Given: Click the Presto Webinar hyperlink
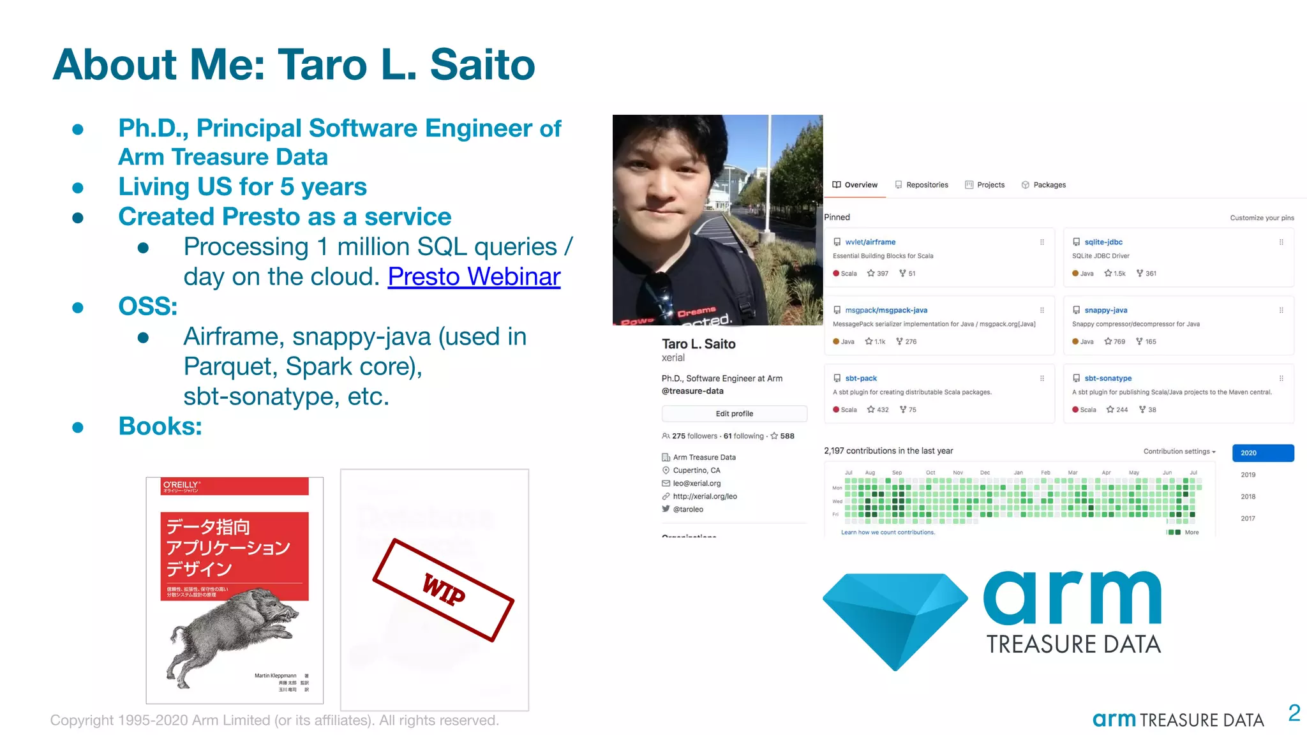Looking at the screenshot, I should click(x=474, y=277).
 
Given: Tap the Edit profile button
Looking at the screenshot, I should click(x=734, y=413).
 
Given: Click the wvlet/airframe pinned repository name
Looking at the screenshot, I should click(x=870, y=242).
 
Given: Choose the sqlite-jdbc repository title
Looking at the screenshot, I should click(x=1103, y=242).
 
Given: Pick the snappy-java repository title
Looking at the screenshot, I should click(x=1105, y=310).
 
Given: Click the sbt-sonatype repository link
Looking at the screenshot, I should click(x=1108, y=378).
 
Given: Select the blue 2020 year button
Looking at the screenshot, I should click(x=1262, y=453).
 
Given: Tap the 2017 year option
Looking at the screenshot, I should click(x=1248, y=519).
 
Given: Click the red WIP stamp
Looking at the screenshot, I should click(x=444, y=590).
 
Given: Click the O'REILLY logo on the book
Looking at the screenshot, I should click(x=181, y=486).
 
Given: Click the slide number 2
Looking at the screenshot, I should click(x=1294, y=713).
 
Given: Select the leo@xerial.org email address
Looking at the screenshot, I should click(x=696, y=484).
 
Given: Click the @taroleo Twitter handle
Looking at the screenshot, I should click(x=687, y=509).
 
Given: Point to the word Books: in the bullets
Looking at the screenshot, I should click(x=160, y=426).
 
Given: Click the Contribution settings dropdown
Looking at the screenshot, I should click(x=1179, y=452).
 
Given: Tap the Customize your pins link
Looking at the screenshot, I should click(x=1262, y=218).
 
